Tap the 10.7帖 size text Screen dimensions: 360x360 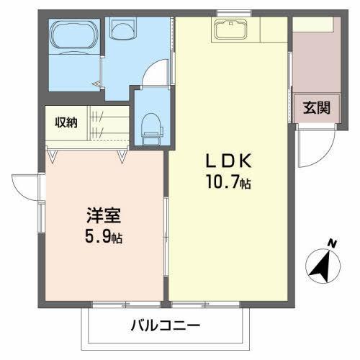[x=228, y=183]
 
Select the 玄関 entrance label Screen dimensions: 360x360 [x=316, y=108]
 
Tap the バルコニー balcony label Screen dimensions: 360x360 [x=165, y=326]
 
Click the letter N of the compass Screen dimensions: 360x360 [x=332, y=244]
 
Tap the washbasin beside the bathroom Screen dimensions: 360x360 [x=123, y=30]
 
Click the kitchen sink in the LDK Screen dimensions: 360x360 [x=230, y=30]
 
